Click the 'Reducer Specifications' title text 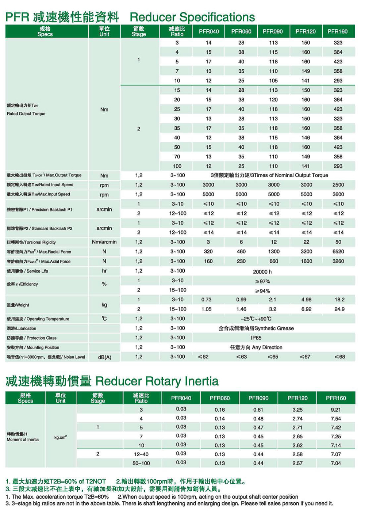pyautogui.click(x=192, y=17)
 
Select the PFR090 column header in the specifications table pyautogui.click(x=273, y=31)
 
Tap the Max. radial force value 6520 pyautogui.click(x=338, y=252)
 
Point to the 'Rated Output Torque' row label pyautogui.click(x=26, y=114)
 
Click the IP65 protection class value pyautogui.click(x=256, y=338)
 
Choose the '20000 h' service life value pyautogui.click(x=262, y=272)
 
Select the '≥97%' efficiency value pyautogui.click(x=262, y=281)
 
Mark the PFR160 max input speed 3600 pyautogui.click(x=338, y=194)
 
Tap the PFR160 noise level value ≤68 pyautogui.click(x=339, y=357)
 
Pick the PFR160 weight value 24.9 pyautogui.click(x=339, y=309)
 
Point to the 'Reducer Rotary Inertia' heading pyautogui.click(x=157, y=381)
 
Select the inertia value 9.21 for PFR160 pyautogui.click(x=336, y=410)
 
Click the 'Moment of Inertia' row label pyautogui.click(x=23, y=439)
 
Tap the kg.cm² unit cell pyautogui.click(x=61, y=437)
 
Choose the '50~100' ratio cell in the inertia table pyautogui.click(x=141, y=463)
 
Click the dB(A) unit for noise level pyautogui.click(x=104, y=357)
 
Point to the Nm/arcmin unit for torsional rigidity pyautogui.click(x=104, y=242)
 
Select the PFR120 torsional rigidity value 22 pyautogui.click(x=306, y=242)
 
